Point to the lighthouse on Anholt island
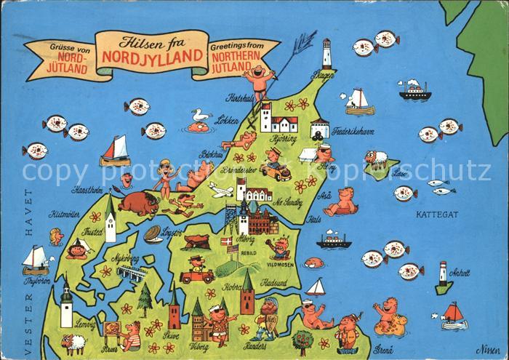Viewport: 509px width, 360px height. click(x=443, y=276)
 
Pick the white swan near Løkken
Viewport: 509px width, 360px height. click(x=199, y=116)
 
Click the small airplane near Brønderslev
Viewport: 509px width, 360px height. click(x=221, y=191)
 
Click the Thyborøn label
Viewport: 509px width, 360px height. click(x=36, y=279)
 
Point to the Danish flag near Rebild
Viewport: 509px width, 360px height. click(x=225, y=241)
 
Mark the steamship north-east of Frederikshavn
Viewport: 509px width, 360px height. click(x=414, y=90)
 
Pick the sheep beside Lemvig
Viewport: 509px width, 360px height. click(x=72, y=343)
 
